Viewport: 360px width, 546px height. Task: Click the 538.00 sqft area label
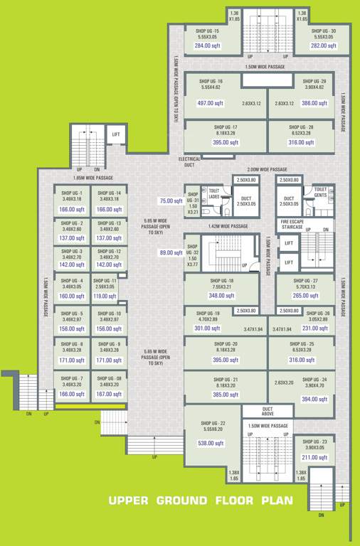click(210, 443)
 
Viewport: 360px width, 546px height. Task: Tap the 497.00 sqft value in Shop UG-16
click(210, 103)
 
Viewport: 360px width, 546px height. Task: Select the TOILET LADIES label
click(213, 193)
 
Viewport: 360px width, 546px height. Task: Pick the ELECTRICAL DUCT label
click(189, 162)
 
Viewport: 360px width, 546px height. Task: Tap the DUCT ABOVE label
click(268, 412)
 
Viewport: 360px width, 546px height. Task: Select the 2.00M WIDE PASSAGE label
click(267, 170)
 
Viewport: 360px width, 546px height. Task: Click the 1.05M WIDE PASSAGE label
click(92, 178)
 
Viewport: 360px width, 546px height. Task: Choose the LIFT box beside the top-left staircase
click(116, 134)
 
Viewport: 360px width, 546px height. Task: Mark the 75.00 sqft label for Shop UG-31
click(171, 201)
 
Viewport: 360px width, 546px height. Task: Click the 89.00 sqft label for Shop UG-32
click(171, 252)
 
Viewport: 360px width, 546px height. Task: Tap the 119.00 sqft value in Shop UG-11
click(105, 296)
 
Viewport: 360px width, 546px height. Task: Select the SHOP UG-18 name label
click(221, 282)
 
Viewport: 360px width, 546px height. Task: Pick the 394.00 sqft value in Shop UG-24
click(314, 400)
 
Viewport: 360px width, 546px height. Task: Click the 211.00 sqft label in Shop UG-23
click(314, 457)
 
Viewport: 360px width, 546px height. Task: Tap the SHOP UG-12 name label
click(109, 252)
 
